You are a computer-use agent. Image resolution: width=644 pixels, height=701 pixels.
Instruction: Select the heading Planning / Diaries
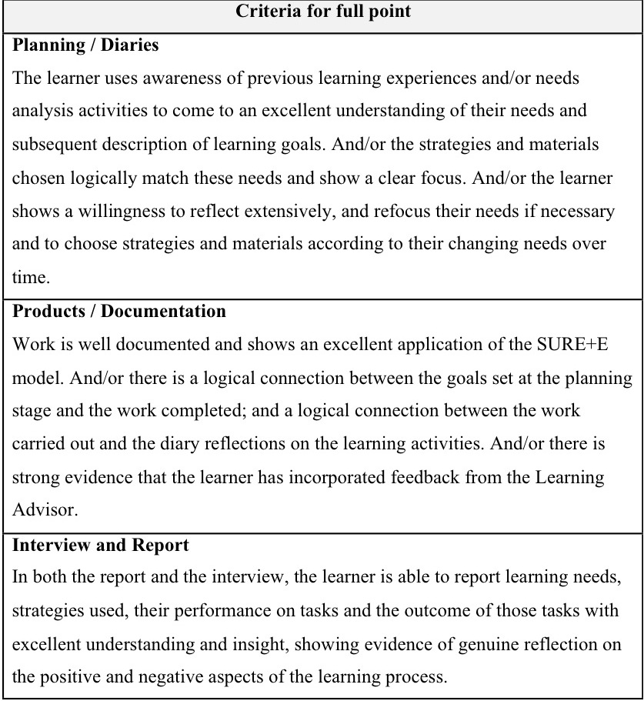pyautogui.click(x=85, y=45)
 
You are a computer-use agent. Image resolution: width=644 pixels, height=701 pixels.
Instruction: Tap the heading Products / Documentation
pyautogui.click(x=119, y=311)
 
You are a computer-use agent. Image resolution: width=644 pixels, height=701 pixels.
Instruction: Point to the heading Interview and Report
pyautogui.click(x=100, y=545)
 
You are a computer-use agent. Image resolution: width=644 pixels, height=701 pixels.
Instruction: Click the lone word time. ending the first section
pyautogui.click(x=29, y=278)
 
